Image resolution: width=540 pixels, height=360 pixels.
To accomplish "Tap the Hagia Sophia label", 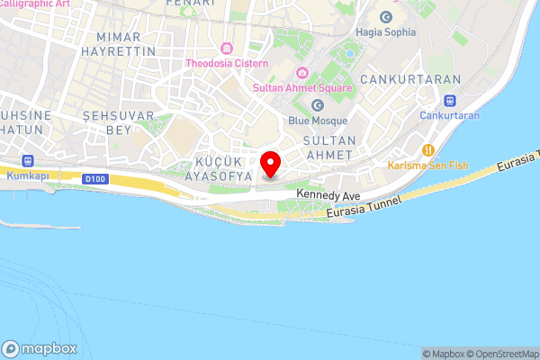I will (x=386, y=32).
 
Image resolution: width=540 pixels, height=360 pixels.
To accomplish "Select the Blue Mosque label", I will (x=317, y=121).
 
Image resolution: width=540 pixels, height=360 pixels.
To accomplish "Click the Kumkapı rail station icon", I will (x=28, y=161).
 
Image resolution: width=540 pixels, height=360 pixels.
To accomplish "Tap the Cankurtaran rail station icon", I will (x=449, y=100).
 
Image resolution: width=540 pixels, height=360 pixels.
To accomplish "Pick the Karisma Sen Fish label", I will (x=428, y=166).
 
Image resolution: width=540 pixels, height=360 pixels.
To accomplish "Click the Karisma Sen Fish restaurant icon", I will (x=428, y=149).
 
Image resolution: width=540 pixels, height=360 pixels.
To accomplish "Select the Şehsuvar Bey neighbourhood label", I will (x=107, y=124).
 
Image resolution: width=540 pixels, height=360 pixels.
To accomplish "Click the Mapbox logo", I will (x=40, y=348).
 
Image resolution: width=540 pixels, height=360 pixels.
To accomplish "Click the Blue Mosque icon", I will (x=317, y=105).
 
